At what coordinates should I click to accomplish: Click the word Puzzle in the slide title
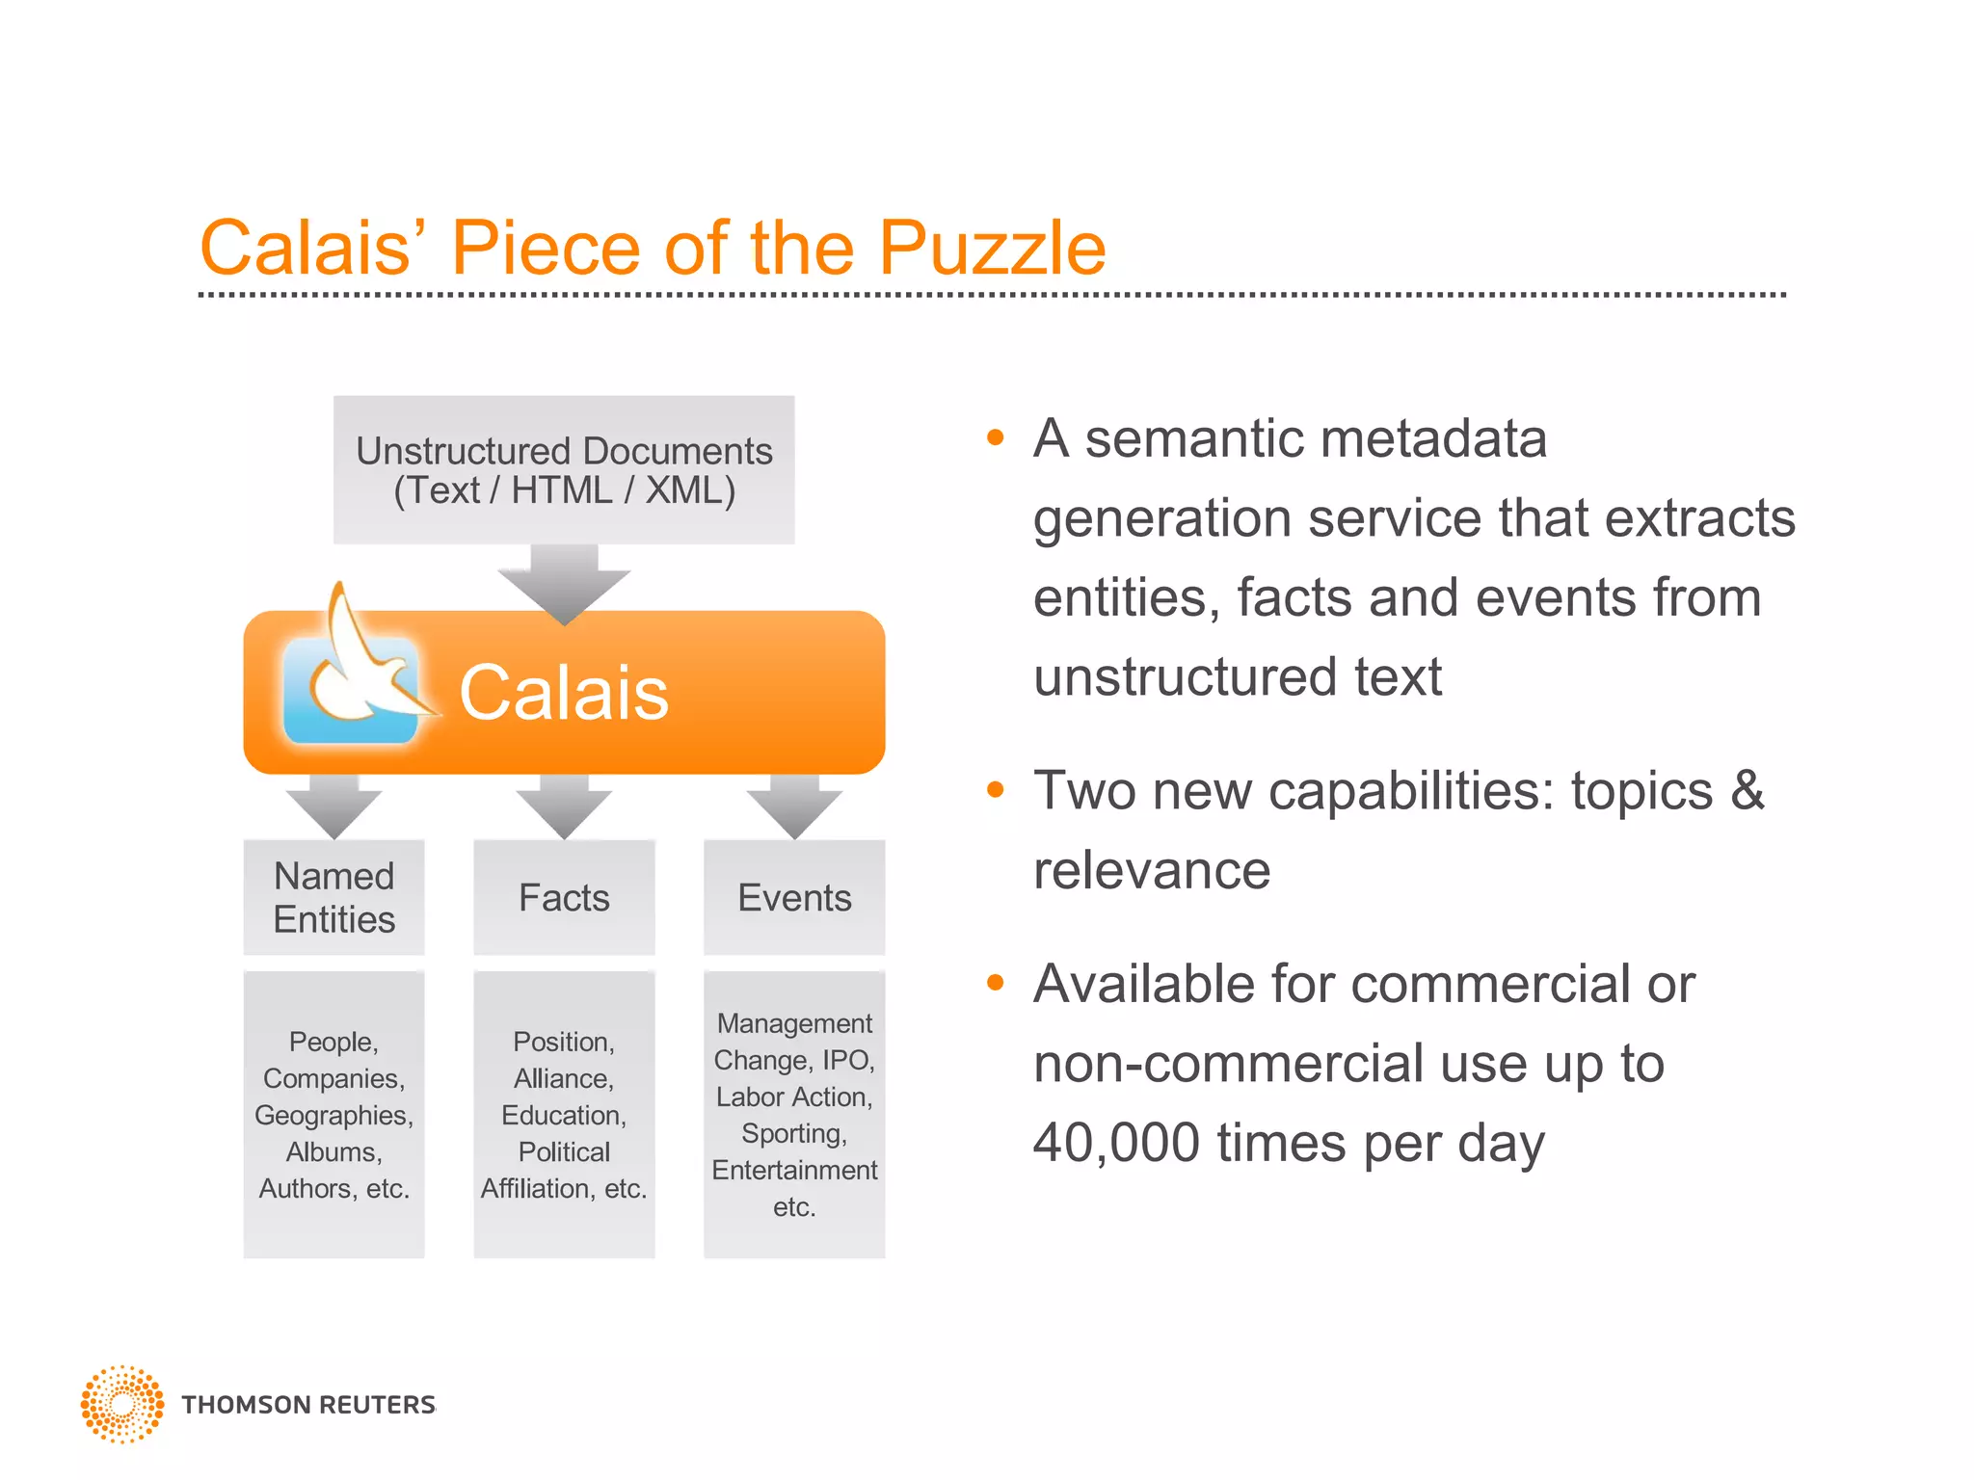(x=992, y=249)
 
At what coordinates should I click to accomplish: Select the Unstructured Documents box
(x=564, y=470)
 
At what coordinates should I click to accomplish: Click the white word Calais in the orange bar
(x=564, y=693)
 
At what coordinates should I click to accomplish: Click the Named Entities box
(x=333, y=897)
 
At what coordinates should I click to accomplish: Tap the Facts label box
(x=564, y=897)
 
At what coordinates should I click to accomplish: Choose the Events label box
(x=794, y=897)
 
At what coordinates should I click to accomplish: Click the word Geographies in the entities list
(x=333, y=1115)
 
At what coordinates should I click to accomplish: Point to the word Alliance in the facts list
(x=563, y=1078)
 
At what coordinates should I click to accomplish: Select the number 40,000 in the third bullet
(x=1116, y=1143)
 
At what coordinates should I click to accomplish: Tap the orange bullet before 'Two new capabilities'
(x=996, y=791)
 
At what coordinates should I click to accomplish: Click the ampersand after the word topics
(x=1747, y=791)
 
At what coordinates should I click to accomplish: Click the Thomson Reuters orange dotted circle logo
(x=122, y=1404)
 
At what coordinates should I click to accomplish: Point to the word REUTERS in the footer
(x=377, y=1405)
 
